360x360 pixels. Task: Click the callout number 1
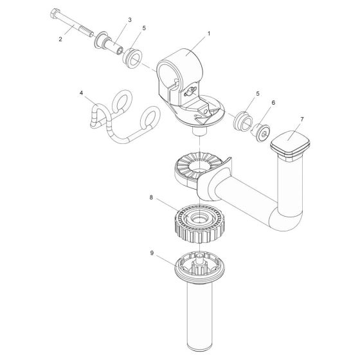pos(208,32)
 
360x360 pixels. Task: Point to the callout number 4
pos(81,93)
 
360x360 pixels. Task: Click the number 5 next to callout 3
pos(144,29)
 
